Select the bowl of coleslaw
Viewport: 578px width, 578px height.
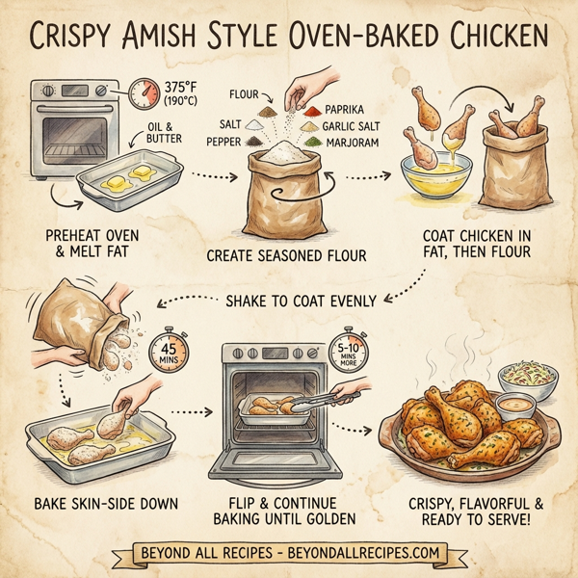[x=527, y=378]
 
